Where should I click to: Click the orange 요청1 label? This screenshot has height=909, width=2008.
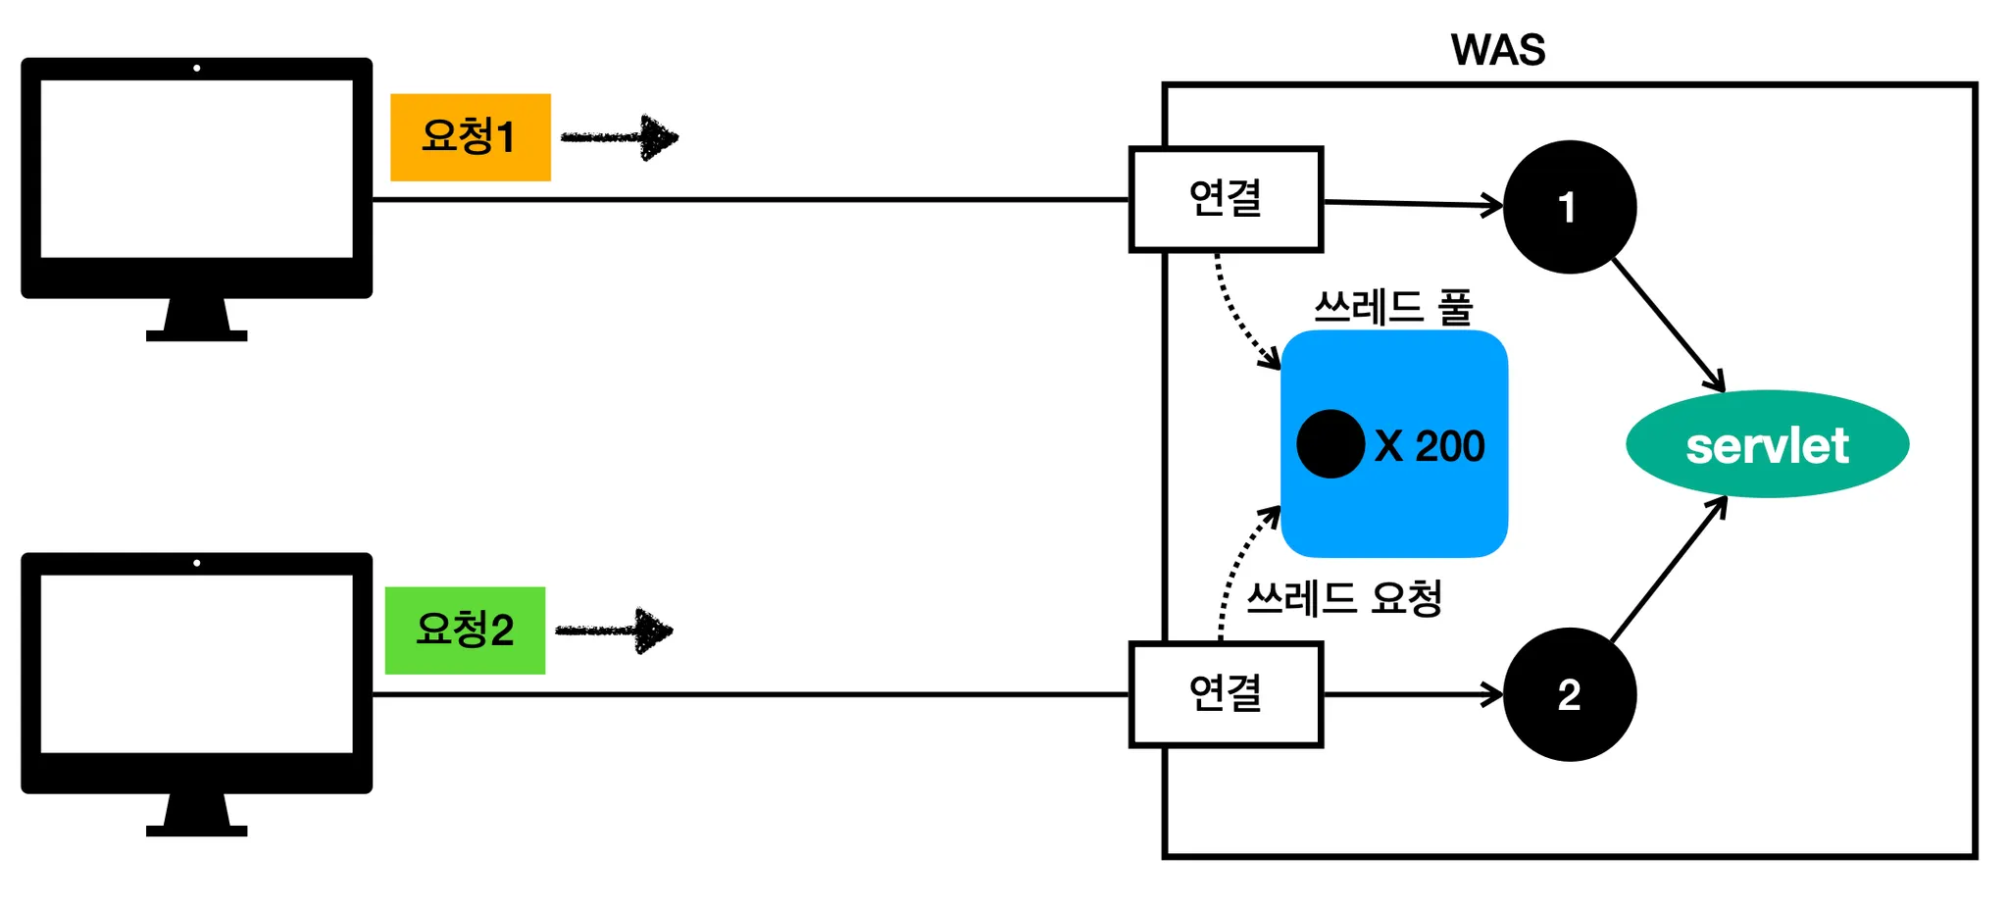[470, 137]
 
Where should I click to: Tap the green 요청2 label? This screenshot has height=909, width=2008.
[465, 631]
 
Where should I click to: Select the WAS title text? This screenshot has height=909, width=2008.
[1497, 50]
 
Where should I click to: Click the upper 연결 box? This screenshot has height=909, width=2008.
[1226, 200]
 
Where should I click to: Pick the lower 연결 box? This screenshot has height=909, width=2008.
[1226, 694]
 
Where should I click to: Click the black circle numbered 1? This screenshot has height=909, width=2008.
[1569, 207]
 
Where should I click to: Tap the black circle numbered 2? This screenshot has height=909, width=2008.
[1569, 694]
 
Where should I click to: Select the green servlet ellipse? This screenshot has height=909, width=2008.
[1767, 444]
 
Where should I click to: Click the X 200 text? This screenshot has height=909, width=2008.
[1430, 446]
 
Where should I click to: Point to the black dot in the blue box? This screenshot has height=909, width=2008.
[1330, 444]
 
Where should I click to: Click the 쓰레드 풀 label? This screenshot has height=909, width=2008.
[1393, 308]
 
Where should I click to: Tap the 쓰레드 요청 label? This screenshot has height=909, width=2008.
[1344, 598]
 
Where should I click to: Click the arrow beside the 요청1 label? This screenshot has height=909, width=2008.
[620, 137]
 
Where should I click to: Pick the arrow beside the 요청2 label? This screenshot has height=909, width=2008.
[615, 631]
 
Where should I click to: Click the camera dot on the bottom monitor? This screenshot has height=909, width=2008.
[197, 563]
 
